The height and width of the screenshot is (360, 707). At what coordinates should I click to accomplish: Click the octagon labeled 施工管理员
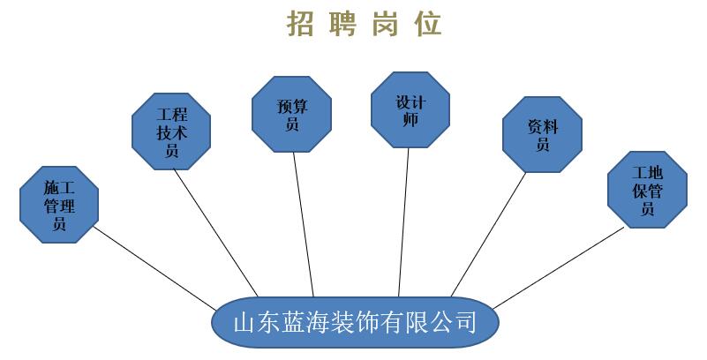pos(59,205)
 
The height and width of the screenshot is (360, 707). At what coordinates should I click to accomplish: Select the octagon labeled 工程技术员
pos(172,131)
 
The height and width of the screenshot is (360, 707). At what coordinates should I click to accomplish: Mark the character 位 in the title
pos(430,24)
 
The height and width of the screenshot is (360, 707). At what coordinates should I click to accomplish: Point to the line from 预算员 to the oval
pos(303,221)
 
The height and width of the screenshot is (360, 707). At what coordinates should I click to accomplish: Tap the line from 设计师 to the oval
pos(404,221)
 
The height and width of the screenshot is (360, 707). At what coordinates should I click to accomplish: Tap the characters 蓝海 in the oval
pos(305,321)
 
